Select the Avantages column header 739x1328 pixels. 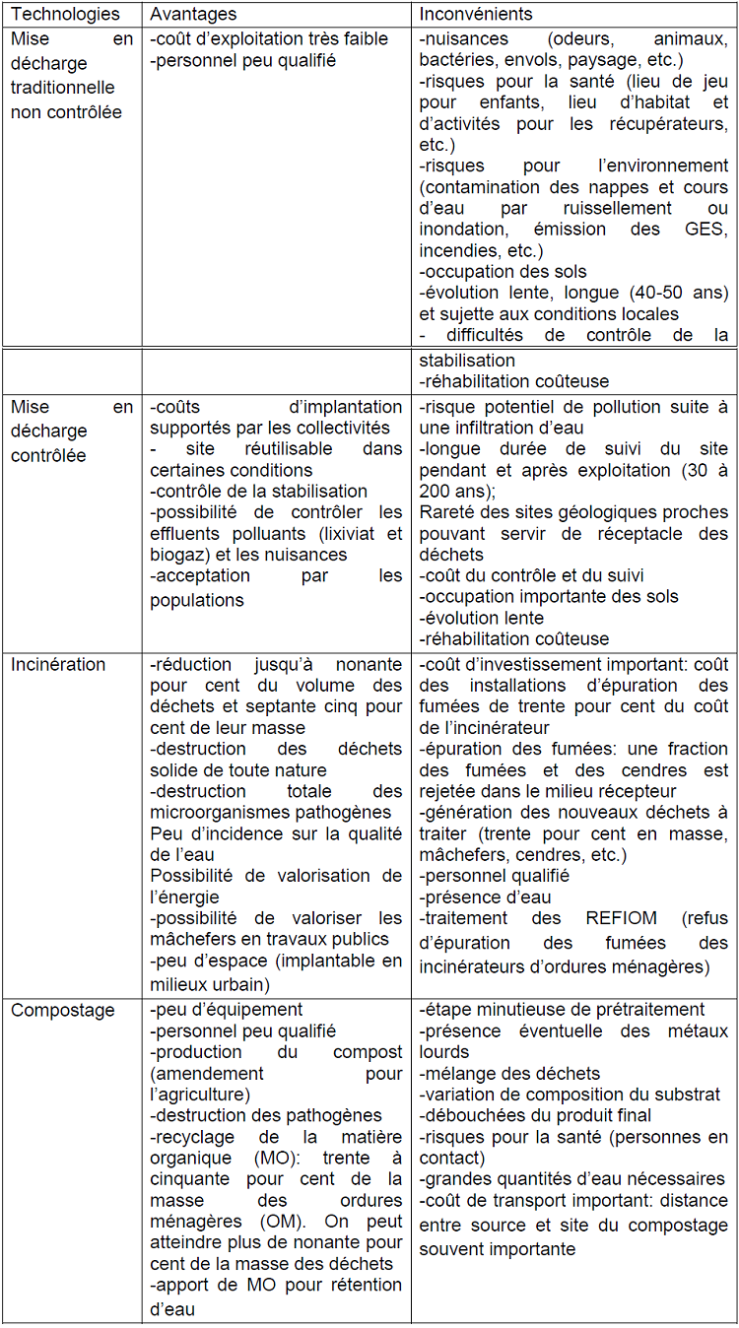point(193,15)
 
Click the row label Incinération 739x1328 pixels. point(58,664)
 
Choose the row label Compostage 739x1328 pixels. point(63,1010)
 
